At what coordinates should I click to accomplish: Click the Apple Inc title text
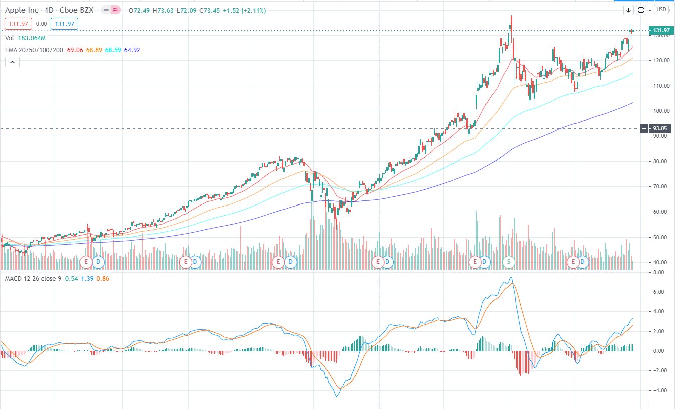[x=23, y=10]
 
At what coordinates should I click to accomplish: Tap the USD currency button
[x=661, y=10]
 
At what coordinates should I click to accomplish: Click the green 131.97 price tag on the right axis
[x=661, y=31]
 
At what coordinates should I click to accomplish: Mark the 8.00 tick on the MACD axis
[x=659, y=272]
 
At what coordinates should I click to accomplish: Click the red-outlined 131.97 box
[x=18, y=24]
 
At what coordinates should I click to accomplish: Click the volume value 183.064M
[x=31, y=38]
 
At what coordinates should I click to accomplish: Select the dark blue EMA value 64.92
[x=132, y=50]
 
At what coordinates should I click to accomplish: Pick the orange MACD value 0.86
[x=102, y=278]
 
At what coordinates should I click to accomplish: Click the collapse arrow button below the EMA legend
[x=12, y=62]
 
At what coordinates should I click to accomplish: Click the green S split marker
[x=509, y=261]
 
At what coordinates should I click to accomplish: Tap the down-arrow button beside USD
[x=628, y=10]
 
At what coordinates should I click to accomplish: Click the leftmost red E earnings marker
[x=86, y=261]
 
